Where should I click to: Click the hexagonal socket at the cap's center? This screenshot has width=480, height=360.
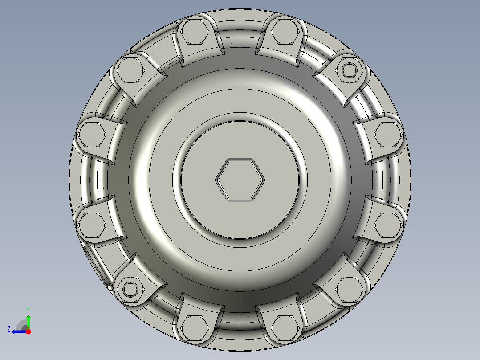[240, 180]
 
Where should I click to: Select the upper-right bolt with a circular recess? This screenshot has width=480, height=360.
[349, 70]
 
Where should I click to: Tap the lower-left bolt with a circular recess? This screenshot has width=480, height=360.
[130, 289]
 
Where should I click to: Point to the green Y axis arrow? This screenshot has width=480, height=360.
[28, 321]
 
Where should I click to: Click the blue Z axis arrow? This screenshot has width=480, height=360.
[19, 331]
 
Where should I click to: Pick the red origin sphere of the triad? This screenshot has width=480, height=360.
[28, 331]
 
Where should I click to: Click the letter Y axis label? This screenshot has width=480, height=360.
[28, 310]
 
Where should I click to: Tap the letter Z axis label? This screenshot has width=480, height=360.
[9, 329]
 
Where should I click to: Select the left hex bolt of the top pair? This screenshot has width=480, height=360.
[195, 32]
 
